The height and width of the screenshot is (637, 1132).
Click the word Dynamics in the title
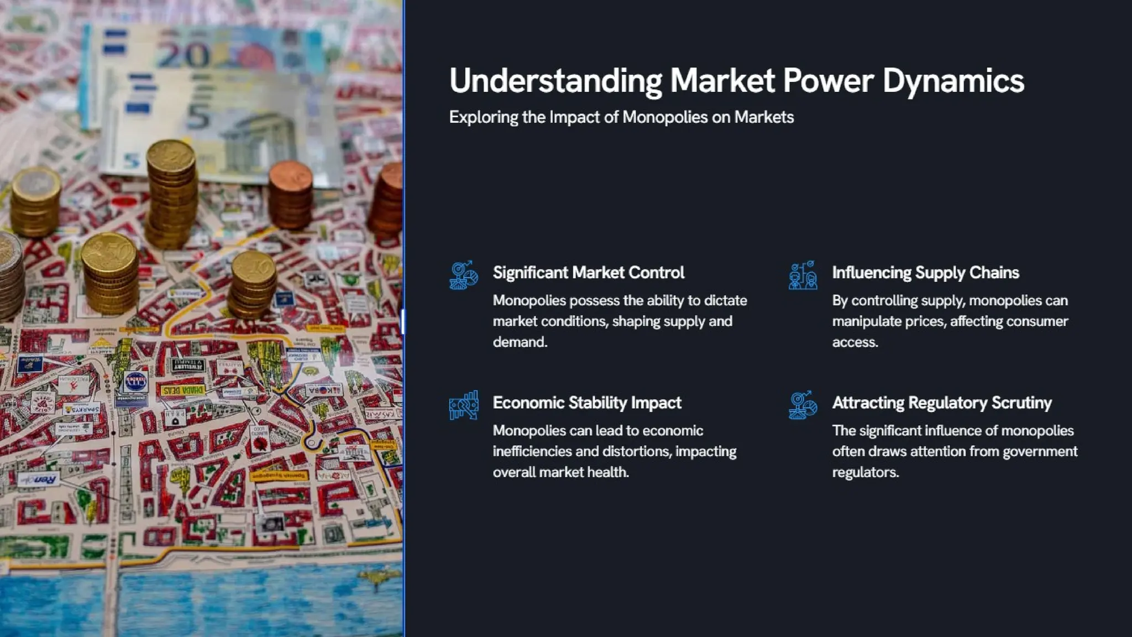tap(953, 81)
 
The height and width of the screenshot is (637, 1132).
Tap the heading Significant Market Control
tap(588, 273)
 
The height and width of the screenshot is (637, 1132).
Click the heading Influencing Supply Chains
tap(925, 273)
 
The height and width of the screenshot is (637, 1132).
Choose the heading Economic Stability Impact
tap(586, 403)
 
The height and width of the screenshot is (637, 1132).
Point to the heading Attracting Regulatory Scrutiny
tap(941, 403)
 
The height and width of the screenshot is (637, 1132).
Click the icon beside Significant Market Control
tap(463, 275)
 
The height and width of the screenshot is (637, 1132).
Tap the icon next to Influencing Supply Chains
tap(803, 275)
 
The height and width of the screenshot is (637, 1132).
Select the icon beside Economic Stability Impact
tap(463, 405)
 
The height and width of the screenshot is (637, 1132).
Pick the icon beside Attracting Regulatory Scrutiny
tap(803, 405)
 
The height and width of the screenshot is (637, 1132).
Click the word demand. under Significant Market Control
tap(520, 342)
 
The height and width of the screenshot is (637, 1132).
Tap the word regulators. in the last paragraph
tap(865, 472)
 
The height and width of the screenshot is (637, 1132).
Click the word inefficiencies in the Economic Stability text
tap(532, 451)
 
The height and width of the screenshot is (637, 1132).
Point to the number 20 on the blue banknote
tap(182, 55)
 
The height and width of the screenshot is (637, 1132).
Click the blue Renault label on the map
tap(39, 479)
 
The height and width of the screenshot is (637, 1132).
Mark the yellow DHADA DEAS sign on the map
tap(182, 390)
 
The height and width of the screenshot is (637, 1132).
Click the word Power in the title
tap(828, 81)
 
